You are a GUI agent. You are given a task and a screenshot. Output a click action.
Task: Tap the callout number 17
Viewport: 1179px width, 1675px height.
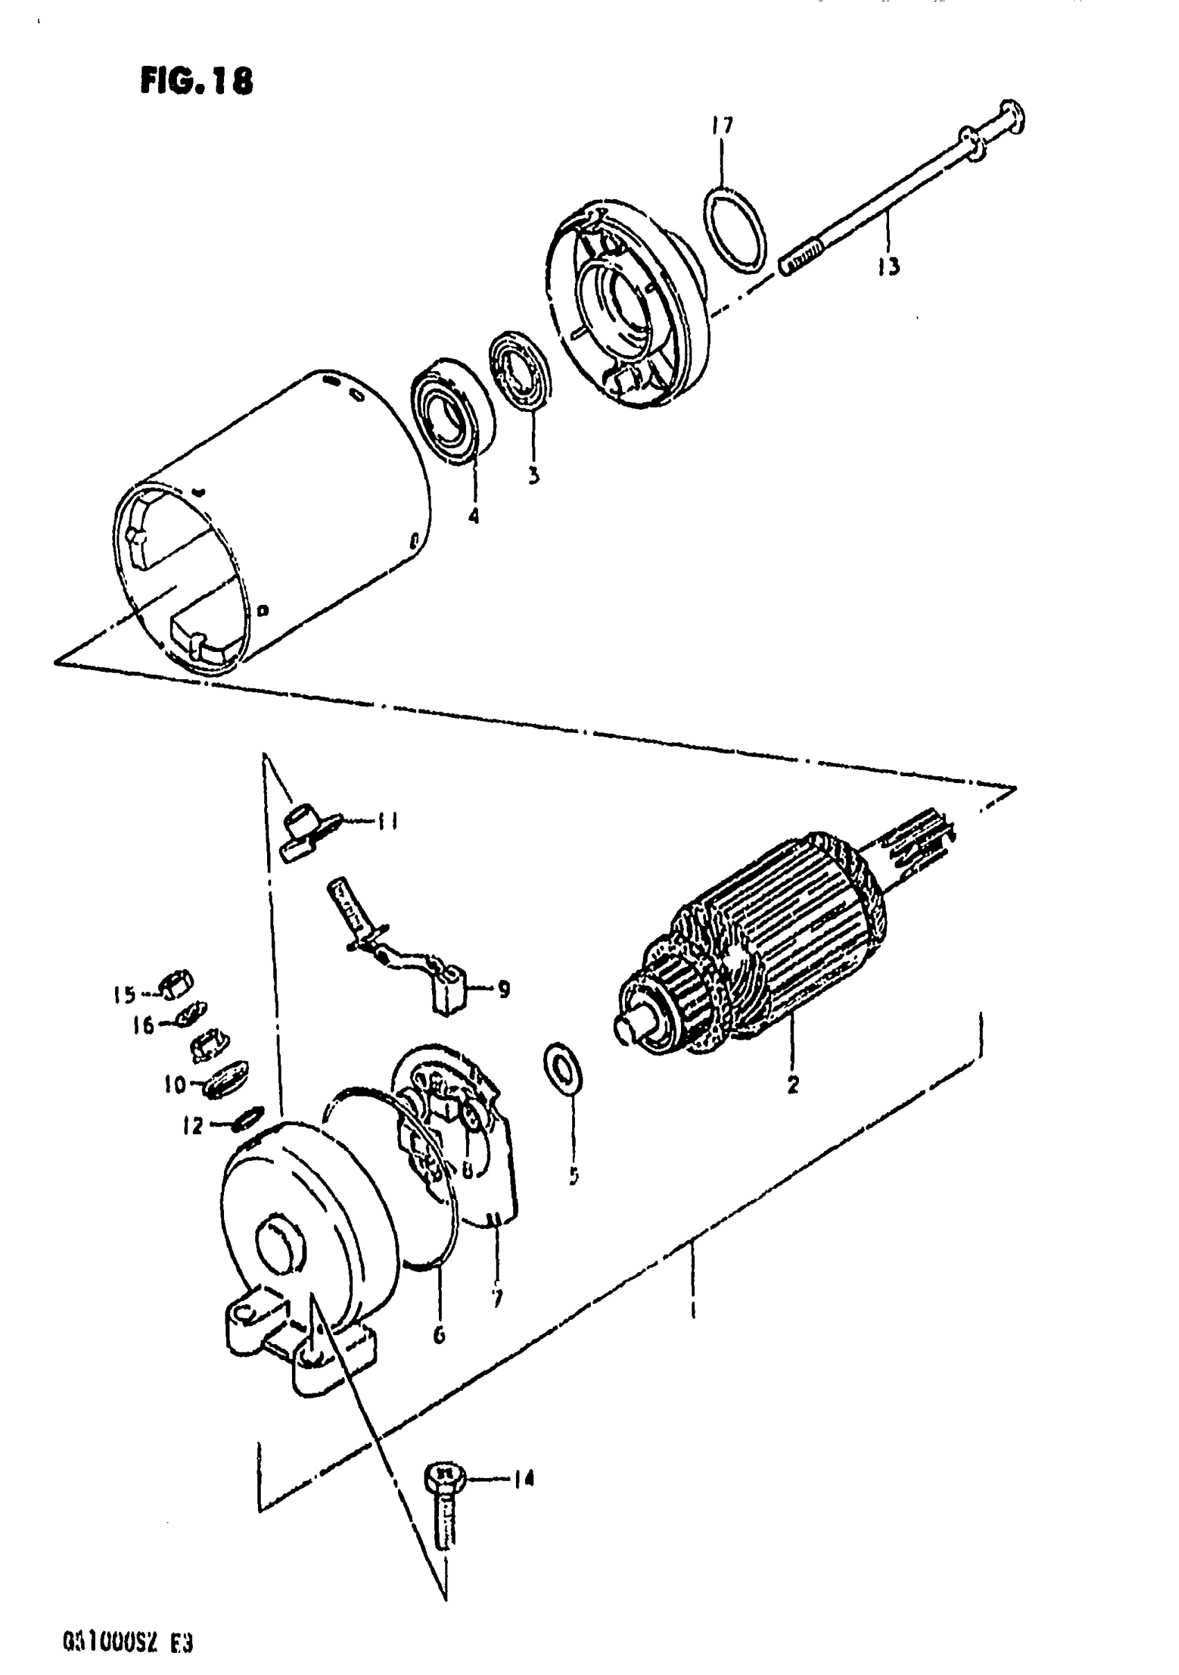[x=721, y=126]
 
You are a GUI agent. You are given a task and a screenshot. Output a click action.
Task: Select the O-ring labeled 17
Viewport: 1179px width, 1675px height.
[x=736, y=229]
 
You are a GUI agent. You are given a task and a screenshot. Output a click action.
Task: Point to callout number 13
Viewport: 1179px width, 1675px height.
[x=888, y=267]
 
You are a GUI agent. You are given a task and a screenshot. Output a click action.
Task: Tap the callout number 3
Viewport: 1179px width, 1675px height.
[x=533, y=476]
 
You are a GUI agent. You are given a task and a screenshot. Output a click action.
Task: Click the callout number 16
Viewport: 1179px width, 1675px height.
[x=143, y=1025]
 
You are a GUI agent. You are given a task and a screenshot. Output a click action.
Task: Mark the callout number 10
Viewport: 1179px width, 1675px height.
[x=175, y=1084]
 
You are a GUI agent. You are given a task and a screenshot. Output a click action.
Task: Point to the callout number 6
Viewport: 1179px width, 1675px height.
[x=438, y=1335]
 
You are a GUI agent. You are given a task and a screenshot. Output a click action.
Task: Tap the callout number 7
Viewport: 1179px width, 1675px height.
[x=497, y=1298]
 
